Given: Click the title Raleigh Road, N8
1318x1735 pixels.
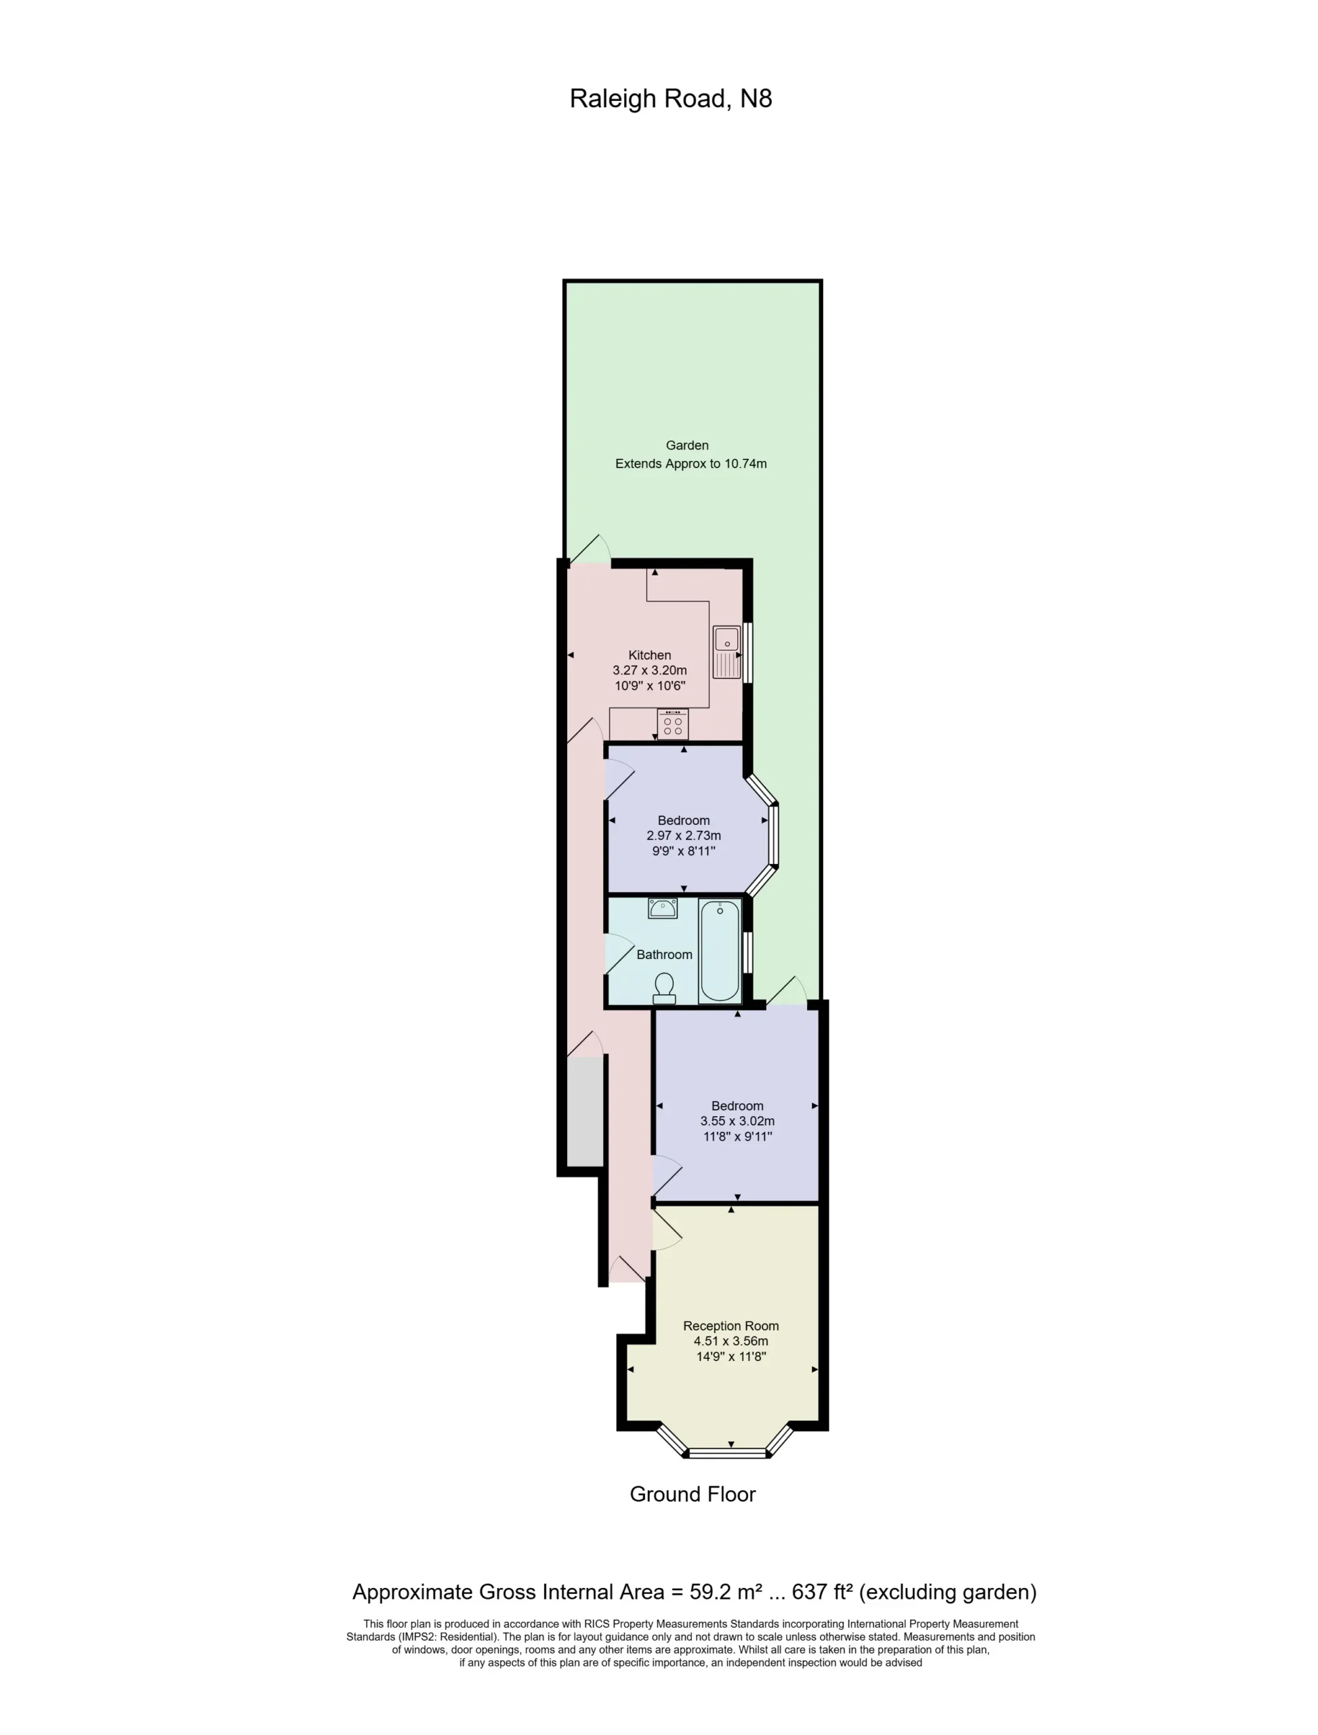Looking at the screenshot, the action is (671, 99).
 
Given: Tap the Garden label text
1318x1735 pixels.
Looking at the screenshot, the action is (687, 445).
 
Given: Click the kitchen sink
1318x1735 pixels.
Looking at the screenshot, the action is (726, 652).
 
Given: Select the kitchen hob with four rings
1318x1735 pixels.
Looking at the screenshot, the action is (673, 724).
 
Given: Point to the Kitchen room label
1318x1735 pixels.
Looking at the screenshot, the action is (650, 655).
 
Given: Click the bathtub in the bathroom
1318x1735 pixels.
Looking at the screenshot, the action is (720, 951).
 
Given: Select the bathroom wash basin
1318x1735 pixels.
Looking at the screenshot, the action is (663, 909).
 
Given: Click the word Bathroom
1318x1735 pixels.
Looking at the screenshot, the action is (665, 955).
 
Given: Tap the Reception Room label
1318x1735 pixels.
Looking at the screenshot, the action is (731, 1326).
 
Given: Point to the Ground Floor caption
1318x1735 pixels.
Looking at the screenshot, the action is (693, 1495).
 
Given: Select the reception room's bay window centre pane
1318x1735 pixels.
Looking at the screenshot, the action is (727, 1454).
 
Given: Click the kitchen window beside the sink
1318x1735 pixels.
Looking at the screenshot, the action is (747, 652).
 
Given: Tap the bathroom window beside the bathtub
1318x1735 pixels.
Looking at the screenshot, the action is (747, 952).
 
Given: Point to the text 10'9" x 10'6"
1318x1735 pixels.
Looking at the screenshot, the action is (650, 686).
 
